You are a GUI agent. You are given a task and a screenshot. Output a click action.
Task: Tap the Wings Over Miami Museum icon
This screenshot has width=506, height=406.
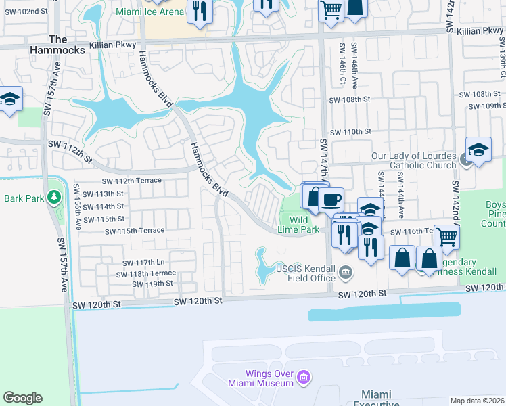tap(304, 377)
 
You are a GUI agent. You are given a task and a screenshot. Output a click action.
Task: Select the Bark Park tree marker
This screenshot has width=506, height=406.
tap(53, 198)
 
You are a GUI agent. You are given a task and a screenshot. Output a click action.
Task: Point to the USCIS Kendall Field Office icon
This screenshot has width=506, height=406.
tap(346, 273)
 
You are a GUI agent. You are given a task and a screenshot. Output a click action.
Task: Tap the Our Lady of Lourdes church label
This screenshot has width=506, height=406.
tap(414, 160)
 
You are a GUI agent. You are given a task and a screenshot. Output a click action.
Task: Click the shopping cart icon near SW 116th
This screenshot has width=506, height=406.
tap(446, 238)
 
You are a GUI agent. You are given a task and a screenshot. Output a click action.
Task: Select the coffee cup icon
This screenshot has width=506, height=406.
tap(331, 200)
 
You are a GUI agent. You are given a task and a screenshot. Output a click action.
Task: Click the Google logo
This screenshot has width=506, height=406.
tap(22, 398)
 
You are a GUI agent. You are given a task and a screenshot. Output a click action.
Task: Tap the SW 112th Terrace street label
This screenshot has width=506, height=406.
tap(132, 181)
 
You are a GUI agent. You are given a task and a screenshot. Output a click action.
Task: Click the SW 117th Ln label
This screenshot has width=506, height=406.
tap(143, 263)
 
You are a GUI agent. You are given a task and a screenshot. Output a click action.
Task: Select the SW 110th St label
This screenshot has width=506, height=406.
tap(350, 131)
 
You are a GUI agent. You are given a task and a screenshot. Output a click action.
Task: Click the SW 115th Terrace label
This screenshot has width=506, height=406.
tap(135, 231)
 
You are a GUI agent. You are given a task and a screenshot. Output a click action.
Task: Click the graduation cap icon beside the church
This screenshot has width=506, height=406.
tap(478, 150)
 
